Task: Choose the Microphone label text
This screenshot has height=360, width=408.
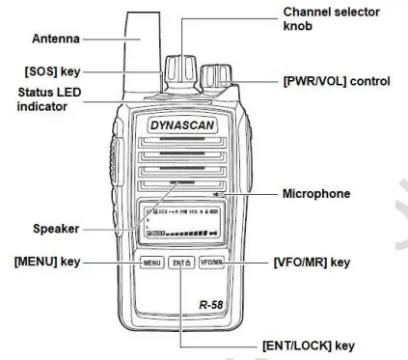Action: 321,194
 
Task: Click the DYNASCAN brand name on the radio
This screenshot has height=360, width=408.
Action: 181,125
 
